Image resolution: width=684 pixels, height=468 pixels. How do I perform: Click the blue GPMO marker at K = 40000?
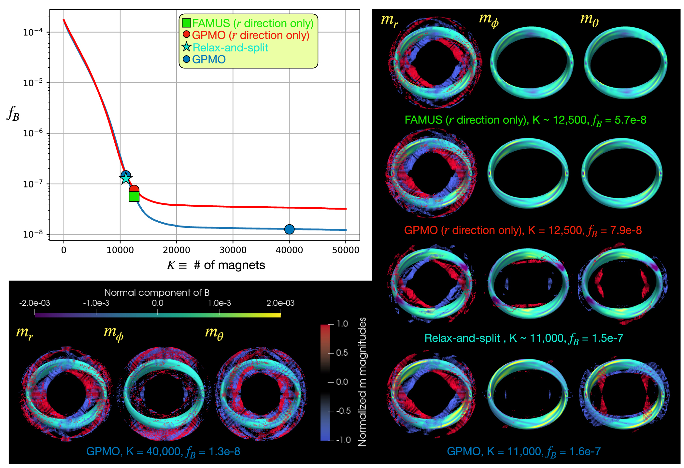(289, 229)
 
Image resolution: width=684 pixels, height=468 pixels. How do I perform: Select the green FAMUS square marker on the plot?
(134, 196)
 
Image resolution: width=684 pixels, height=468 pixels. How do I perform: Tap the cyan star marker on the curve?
(125, 178)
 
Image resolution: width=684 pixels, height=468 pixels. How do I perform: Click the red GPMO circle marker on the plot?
(134, 189)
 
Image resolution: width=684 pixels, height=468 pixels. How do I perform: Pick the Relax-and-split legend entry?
(230, 48)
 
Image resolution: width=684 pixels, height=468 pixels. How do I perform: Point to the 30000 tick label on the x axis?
(233, 250)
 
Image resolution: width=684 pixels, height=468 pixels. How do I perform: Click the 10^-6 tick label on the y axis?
(33, 133)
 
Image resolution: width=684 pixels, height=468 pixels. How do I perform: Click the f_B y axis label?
(13, 114)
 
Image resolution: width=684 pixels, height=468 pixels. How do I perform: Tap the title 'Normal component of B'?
(157, 293)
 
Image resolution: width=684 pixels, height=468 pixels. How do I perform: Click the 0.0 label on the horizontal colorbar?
(158, 303)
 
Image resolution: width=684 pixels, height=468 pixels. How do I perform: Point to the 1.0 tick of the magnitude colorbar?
(342, 324)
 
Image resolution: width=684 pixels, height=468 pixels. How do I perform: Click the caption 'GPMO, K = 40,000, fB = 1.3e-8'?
(163, 452)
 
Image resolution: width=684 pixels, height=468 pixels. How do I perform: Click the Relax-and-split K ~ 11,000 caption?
(524, 338)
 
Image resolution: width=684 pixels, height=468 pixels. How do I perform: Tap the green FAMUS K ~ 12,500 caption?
(525, 120)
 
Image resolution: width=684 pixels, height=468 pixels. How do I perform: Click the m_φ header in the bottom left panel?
(113, 333)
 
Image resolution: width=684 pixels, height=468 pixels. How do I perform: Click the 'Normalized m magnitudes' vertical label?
(362, 382)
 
